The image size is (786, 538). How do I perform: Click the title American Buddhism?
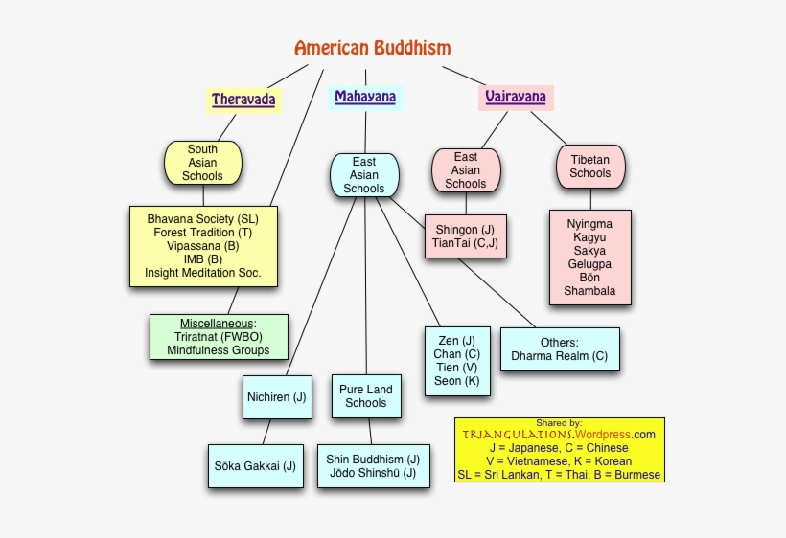(x=372, y=48)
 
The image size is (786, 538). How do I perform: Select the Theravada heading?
(x=243, y=100)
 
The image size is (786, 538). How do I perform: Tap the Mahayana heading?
(x=364, y=97)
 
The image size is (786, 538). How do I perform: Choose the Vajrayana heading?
(x=516, y=97)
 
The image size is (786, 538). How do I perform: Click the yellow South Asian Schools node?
(x=202, y=163)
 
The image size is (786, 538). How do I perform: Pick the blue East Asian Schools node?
(x=364, y=175)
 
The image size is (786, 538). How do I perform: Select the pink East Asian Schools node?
(x=466, y=170)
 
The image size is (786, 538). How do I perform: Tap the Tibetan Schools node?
(x=589, y=167)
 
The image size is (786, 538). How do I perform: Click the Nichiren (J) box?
(x=276, y=397)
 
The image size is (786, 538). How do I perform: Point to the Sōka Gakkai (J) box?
(x=255, y=466)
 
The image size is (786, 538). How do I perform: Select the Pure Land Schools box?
(x=366, y=396)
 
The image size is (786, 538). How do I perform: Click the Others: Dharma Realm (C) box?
(x=559, y=349)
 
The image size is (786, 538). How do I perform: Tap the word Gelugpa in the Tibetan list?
(x=589, y=264)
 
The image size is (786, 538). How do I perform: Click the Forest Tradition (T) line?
(x=202, y=233)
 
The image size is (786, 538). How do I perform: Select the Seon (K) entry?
(x=456, y=381)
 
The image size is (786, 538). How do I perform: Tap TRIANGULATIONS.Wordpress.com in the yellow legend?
(x=559, y=435)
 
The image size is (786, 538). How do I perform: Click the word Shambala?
(x=589, y=291)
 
